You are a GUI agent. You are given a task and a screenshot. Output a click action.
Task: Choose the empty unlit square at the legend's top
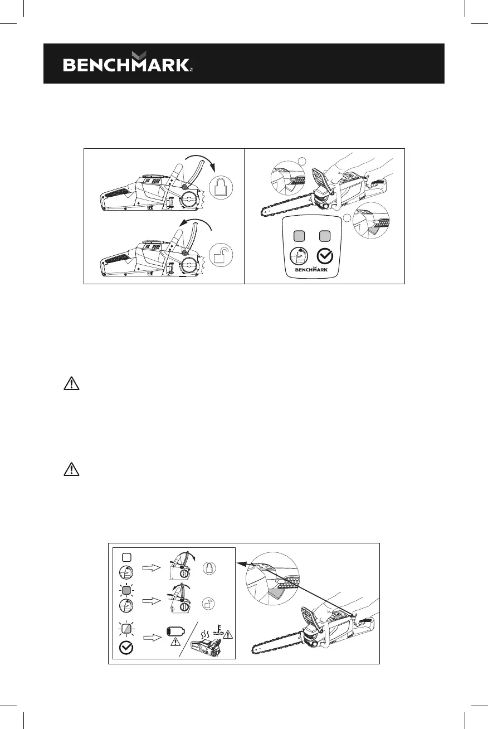(x=126, y=556)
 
